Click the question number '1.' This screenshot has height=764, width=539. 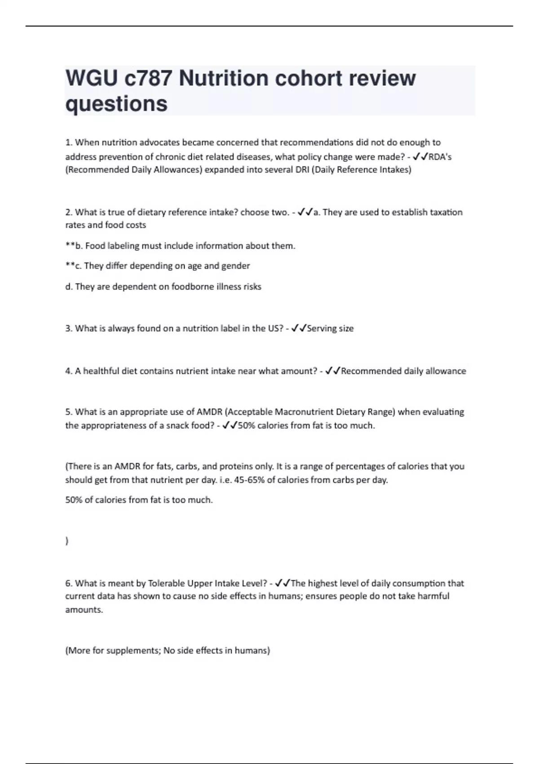coord(69,142)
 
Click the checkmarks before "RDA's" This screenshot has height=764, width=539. coord(420,156)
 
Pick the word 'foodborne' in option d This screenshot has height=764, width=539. coord(192,287)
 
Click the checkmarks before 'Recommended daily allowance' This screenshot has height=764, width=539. coord(333,371)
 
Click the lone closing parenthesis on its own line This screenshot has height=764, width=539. coord(67,541)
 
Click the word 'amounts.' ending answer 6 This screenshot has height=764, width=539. coord(84,610)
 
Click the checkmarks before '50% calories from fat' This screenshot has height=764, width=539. coord(230,425)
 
